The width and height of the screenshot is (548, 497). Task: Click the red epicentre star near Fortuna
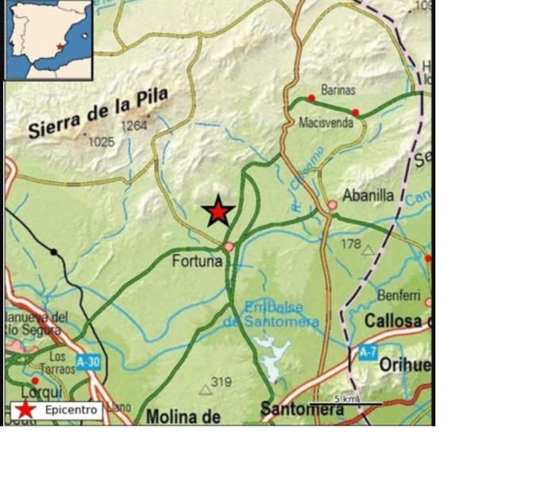pyautogui.click(x=218, y=211)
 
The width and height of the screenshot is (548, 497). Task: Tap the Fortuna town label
pyautogui.click(x=196, y=259)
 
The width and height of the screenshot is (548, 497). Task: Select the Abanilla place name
pyautogui.click(x=368, y=195)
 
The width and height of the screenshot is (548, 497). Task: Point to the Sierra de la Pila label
pyautogui.click(x=99, y=115)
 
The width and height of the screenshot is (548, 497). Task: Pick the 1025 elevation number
pyautogui.click(x=102, y=141)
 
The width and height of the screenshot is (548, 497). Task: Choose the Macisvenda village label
pyautogui.click(x=326, y=123)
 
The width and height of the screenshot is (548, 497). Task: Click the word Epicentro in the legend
pyautogui.click(x=71, y=410)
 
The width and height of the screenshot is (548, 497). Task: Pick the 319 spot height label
pyautogui.click(x=222, y=383)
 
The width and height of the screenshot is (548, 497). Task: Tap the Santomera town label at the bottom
pyautogui.click(x=303, y=410)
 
